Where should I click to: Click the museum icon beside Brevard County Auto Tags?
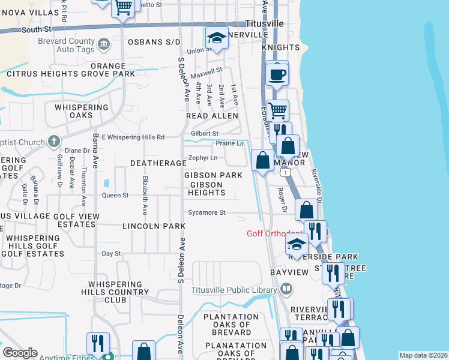click(x=103, y=43)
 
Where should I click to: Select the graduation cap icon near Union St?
click(x=217, y=38)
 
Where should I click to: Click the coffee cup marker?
click(x=277, y=74)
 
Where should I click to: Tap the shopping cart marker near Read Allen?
click(x=277, y=110)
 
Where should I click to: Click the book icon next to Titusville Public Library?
click(x=286, y=290)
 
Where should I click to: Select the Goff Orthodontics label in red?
click(x=275, y=234)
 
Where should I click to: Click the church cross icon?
click(x=53, y=142)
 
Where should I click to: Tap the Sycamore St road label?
click(x=206, y=212)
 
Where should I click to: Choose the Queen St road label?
click(x=115, y=196)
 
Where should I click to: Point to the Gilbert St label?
click(x=205, y=133)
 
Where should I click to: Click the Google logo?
click(x=20, y=353)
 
